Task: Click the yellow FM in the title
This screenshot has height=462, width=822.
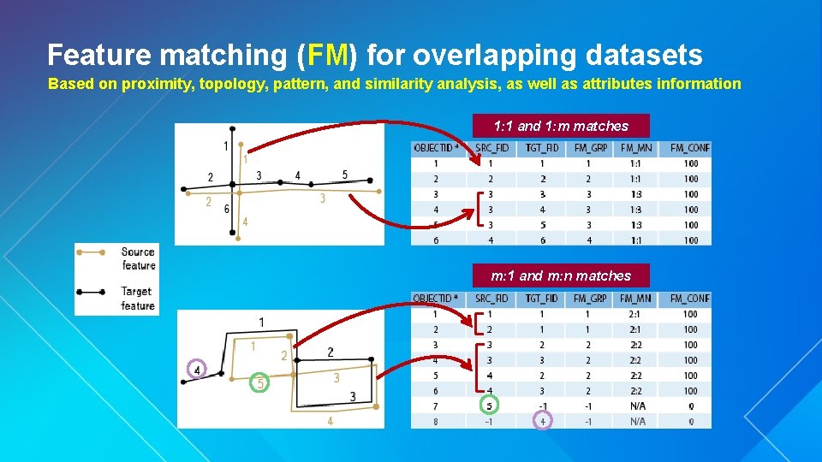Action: pos(328,56)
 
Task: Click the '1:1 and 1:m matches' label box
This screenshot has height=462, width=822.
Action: pos(561,126)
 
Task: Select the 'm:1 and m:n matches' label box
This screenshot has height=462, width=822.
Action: pos(561,275)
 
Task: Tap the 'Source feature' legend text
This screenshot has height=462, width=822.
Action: pos(138,258)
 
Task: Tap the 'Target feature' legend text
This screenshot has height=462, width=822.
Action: pos(138,299)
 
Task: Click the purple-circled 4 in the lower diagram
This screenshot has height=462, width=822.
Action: pos(198,370)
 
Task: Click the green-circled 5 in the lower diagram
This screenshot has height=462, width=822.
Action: pos(260,384)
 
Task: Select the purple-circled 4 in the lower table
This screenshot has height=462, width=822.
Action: pos(543,421)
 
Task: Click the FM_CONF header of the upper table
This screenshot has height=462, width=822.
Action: pos(690,148)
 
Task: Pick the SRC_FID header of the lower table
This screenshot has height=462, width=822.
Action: pos(491,299)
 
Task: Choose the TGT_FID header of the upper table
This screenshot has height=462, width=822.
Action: pos(541,148)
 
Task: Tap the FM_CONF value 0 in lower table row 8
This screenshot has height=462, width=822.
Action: pos(691,421)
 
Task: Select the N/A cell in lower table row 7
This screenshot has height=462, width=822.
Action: pos(638,406)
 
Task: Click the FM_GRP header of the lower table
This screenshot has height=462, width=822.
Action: pos(590,299)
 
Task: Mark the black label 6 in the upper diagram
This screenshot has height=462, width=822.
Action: pos(226,209)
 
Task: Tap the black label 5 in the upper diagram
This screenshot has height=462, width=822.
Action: pos(345,175)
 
